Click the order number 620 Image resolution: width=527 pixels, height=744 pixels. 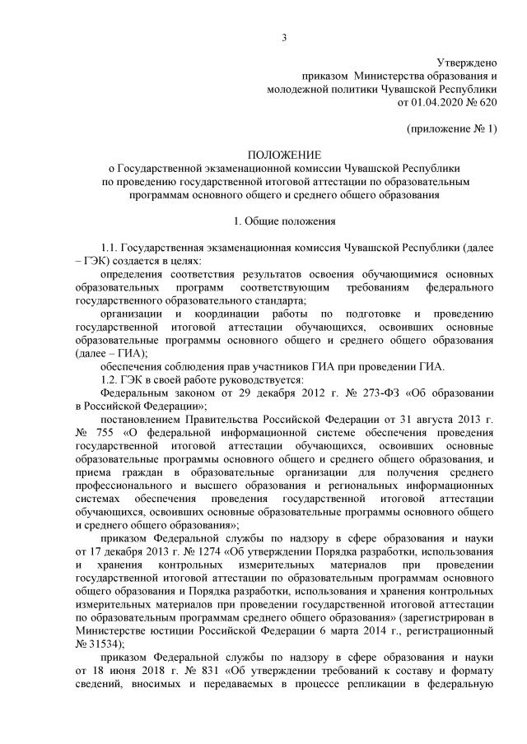pyautogui.click(x=488, y=103)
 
